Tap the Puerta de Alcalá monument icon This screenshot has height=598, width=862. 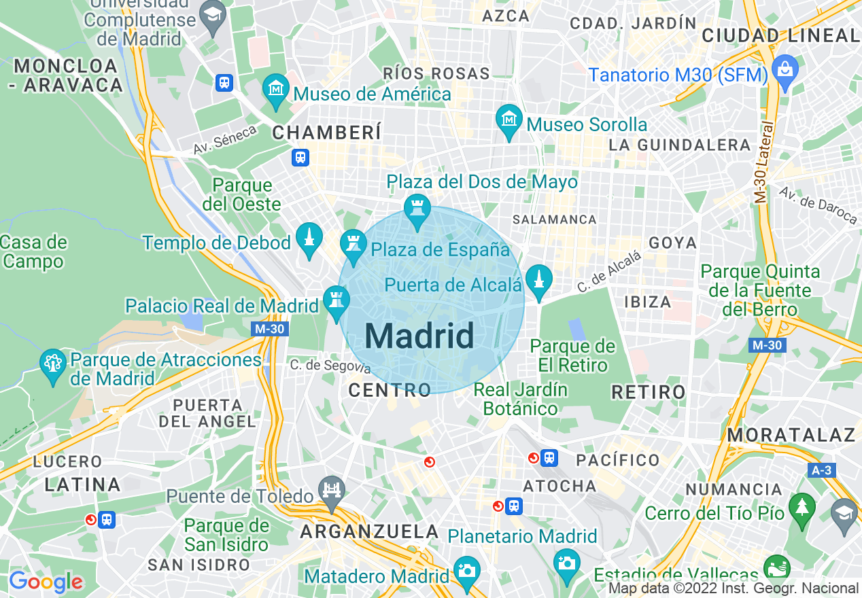click(x=538, y=279)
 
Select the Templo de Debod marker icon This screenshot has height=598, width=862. click(x=309, y=238)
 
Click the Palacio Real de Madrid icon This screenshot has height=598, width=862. click(x=336, y=300)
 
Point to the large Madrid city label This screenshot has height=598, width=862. click(x=419, y=336)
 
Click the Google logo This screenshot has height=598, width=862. click(x=46, y=582)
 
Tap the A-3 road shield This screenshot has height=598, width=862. click(x=823, y=470)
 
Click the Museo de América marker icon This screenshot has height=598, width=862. click(x=276, y=89)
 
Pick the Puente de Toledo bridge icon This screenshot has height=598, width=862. click(x=332, y=491)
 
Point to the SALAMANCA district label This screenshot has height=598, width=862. click(x=555, y=219)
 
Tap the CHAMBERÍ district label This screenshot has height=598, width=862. click(x=327, y=133)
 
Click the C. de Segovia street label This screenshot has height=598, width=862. click(x=330, y=366)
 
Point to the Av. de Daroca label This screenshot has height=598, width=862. click(x=818, y=205)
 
